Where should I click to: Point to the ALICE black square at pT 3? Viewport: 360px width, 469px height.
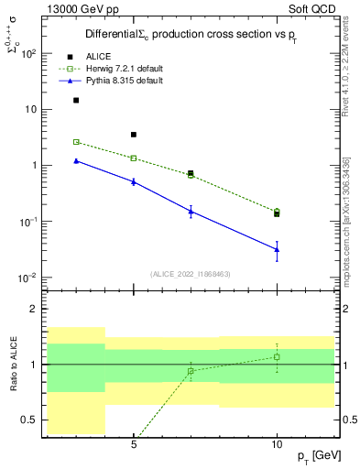pyautogui.click(x=76, y=101)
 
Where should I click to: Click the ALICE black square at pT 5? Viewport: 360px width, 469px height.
pyautogui.click(x=134, y=135)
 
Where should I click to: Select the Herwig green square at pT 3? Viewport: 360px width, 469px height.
pyautogui.click(x=76, y=142)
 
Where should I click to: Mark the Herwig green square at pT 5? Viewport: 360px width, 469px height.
pyautogui.click(x=134, y=158)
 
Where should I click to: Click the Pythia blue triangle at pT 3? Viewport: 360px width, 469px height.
pyautogui.click(x=76, y=160)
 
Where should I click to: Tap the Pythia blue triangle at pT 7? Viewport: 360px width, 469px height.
pyautogui.click(x=191, y=211)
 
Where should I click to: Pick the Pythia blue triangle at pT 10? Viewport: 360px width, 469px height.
pyautogui.click(x=277, y=249)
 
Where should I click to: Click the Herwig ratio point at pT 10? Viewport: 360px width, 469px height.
pyautogui.click(x=277, y=357)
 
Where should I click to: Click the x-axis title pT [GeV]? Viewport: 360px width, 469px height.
pyautogui.click(x=321, y=456)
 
